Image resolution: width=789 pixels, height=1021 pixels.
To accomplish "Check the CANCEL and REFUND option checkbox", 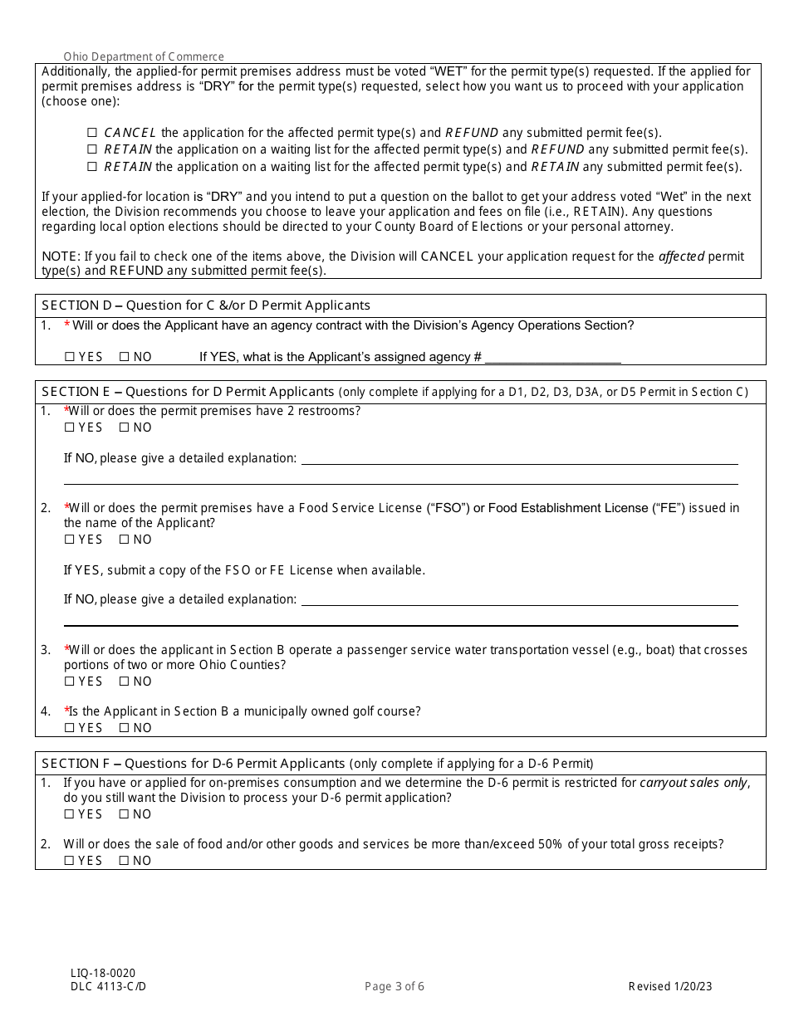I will [x=92, y=133].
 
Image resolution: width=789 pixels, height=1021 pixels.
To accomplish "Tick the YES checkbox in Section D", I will [x=69, y=357].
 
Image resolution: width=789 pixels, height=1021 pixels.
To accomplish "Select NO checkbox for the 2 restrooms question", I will [x=124, y=427].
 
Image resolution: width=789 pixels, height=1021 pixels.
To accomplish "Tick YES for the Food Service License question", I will [x=69, y=540].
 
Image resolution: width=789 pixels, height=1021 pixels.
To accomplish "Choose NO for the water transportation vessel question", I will [x=124, y=681].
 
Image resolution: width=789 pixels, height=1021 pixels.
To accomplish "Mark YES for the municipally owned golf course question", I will [x=69, y=728].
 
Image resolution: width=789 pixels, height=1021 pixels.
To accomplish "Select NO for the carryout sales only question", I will [x=124, y=814].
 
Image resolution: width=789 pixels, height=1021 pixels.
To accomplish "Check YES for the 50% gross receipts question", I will [x=69, y=861].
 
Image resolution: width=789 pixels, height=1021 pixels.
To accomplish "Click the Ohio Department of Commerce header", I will [x=144, y=56].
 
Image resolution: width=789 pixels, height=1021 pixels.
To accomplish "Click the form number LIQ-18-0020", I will [x=103, y=973].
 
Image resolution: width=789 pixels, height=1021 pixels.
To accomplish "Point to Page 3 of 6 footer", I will [x=394, y=986].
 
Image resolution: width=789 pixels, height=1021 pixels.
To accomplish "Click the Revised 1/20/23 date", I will [x=670, y=986].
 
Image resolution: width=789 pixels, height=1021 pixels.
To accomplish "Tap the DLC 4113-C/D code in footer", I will [x=108, y=986].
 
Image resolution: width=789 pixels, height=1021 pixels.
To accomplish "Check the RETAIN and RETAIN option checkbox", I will [x=92, y=167].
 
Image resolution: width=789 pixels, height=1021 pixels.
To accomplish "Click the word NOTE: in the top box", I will [x=59, y=256].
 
